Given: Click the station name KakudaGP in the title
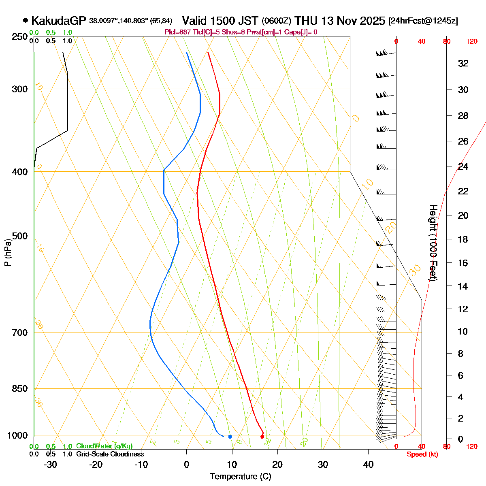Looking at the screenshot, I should coord(59,21).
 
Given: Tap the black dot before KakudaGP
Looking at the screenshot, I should coord(26,20).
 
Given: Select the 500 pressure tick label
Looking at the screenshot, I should coord(20,236).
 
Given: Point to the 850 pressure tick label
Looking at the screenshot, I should coord(20,389).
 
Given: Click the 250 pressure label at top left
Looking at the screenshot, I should coord(20,37).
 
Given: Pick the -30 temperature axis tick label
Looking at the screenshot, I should coord(50,465).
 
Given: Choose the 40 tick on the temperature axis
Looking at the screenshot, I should coord(368,465).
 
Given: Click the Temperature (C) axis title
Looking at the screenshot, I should coord(241,476).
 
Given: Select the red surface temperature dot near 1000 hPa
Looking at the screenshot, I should coord(262,437).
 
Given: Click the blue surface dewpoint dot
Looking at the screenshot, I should coord(230,437).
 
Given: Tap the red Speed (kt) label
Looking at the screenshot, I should coord(422,454).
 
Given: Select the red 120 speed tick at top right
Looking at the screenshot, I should coord(472,41).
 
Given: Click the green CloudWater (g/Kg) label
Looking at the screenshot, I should coord(104,446).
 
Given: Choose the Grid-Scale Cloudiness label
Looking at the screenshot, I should coord(110,454).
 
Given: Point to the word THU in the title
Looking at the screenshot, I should coord(305,21).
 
